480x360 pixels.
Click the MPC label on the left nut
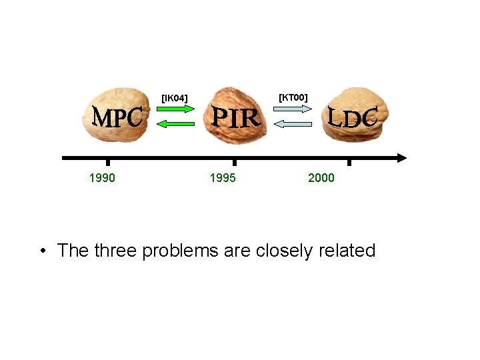point(117,118)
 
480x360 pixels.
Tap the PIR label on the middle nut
point(235,118)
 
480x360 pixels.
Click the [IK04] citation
point(175,99)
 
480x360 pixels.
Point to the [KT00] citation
point(293,97)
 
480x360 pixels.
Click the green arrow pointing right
point(177,110)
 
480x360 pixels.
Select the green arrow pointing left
point(176,123)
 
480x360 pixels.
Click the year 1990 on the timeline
point(102,177)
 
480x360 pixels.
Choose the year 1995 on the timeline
point(222,177)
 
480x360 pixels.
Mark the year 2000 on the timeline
point(321,177)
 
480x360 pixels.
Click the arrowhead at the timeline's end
point(400,158)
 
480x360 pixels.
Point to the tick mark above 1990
point(108,162)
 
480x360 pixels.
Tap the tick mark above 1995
point(234,162)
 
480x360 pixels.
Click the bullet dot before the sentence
point(43,251)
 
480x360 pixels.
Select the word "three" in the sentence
point(119,251)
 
